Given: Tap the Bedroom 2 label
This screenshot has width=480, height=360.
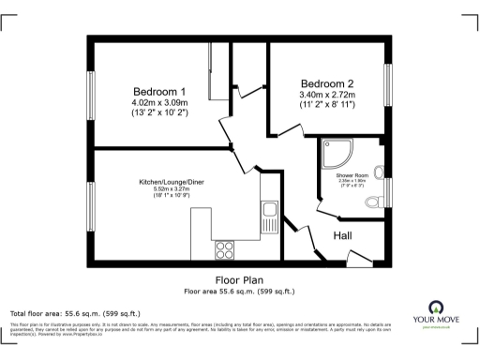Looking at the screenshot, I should [x=327, y=82].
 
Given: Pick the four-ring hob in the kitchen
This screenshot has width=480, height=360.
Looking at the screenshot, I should [x=225, y=249].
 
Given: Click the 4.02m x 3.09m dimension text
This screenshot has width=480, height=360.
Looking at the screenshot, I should [x=159, y=102].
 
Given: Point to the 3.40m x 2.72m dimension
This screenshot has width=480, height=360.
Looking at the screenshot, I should [x=327, y=95].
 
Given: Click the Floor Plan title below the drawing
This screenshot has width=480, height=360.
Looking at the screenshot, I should [x=239, y=280].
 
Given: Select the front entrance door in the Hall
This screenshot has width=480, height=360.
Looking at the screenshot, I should [x=358, y=256].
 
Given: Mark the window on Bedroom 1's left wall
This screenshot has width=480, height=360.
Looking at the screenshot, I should [x=91, y=94].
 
